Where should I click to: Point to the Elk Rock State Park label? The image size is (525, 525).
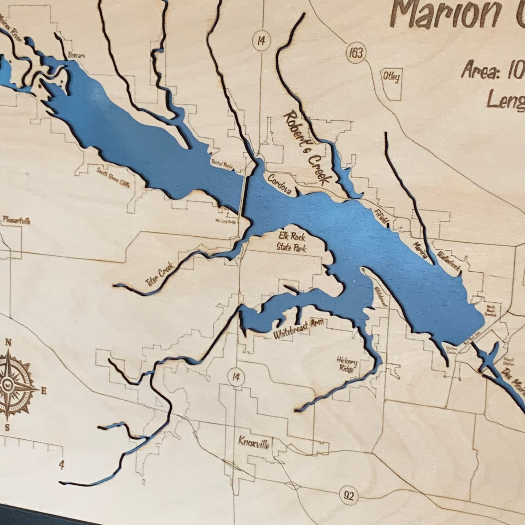pos(292,242)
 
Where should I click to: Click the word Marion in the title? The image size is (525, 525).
pos(444,13)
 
